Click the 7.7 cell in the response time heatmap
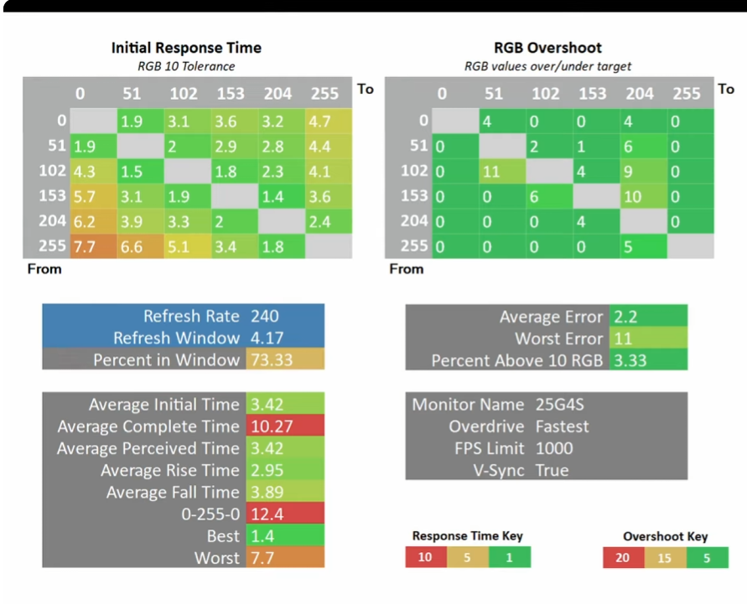[93, 246]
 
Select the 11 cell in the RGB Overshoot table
[502, 172]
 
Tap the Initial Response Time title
[186, 48]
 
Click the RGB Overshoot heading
[547, 48]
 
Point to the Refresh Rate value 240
[265, 316]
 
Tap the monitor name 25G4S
[559, 405]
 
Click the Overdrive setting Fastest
[563, 426]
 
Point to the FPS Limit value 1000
[554, 448]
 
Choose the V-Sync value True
[552, 470]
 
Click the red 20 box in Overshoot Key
[624, 557]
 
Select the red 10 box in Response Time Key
[426, 557]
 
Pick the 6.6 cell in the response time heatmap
[141, 246]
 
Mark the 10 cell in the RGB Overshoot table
[644, 196]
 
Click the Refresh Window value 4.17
[267, 338]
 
